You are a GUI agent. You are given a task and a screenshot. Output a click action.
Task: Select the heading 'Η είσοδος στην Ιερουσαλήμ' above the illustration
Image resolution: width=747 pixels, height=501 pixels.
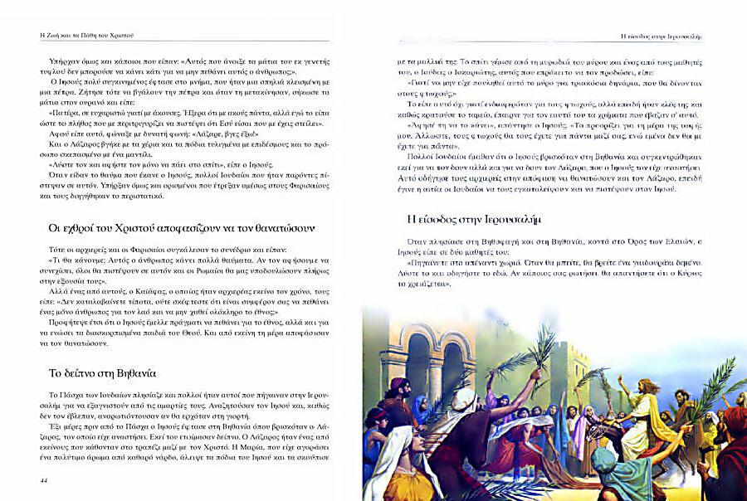tap(462, 220)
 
